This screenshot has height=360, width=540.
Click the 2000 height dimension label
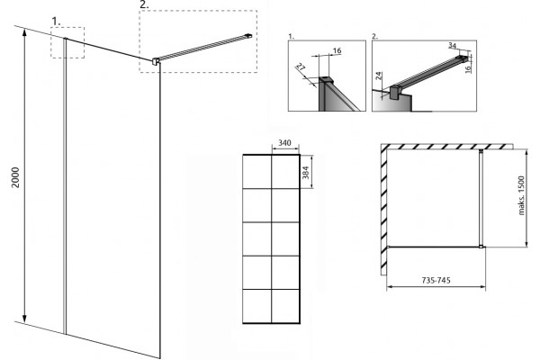[16, 177]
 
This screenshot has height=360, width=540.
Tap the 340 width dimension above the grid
[284, 142]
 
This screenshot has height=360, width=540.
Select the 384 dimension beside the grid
[306, 172]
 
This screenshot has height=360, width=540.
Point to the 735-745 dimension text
[436, 280]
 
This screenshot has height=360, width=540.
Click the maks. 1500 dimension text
[521, 195]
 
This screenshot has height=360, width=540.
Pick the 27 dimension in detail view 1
[301, 67]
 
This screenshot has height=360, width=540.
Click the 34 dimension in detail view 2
[452, 46]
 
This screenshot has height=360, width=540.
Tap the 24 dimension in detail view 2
[378, 76]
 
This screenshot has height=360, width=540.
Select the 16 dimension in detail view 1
[337, 50]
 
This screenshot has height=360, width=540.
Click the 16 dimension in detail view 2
[468, 69]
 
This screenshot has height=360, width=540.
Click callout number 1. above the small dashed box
[56, 22]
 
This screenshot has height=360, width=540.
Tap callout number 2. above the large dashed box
[144, 4]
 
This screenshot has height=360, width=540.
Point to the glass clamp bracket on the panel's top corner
[156, 61]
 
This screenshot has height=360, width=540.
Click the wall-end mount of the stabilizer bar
[248, 35]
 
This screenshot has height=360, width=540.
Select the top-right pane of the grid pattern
[285, 172]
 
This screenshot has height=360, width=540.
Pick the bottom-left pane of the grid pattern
[257, 306]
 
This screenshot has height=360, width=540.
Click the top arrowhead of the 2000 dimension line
[24, 32]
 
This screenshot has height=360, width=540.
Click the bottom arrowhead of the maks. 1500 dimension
[526, 244]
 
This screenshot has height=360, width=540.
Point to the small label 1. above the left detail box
[291, 36]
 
